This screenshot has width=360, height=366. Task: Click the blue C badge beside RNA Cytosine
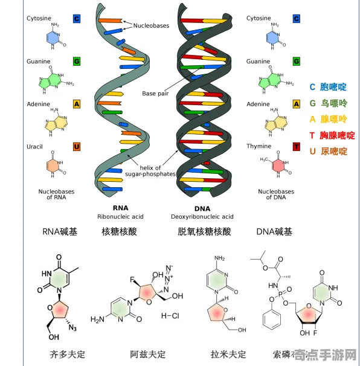coord(77,19)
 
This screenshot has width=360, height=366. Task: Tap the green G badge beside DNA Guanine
coord(297,62)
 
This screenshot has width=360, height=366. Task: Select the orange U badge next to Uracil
coord(77,147)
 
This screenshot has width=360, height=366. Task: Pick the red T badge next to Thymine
coord(297,147)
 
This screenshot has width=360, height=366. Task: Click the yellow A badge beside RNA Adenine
coord(77,104)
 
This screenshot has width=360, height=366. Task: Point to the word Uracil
coord(34,147)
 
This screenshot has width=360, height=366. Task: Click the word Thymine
coord(258,147)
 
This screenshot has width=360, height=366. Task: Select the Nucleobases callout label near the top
coord(152,26)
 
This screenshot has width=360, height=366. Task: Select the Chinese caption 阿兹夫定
coord(147,354)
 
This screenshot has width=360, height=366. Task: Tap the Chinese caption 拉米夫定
coord(228,354)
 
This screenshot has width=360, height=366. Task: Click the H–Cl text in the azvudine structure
coord(171,315)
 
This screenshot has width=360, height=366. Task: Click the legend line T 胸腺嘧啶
coord(332,135)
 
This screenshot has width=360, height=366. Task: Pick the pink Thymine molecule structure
coord(278,166)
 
